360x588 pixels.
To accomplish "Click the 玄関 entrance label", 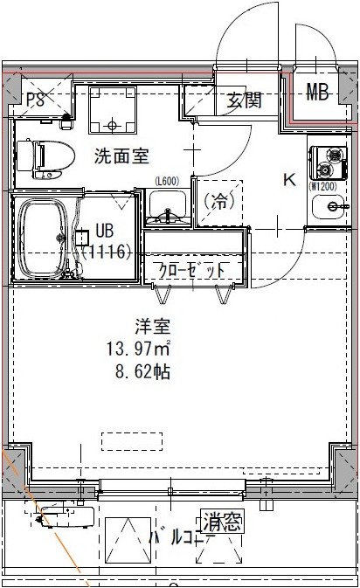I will point(245,100).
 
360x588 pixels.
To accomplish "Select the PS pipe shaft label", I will point(35,99).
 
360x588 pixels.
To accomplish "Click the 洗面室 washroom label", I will point(121,157).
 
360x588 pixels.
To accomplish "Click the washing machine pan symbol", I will point(112,113).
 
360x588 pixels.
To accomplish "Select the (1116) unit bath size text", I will point(107,252).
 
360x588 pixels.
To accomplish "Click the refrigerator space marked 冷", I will point(218,201).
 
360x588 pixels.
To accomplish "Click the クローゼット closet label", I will point(192,268).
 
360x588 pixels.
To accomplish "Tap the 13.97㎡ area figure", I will point(137,349).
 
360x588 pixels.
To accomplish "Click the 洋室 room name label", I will point(151,328).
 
